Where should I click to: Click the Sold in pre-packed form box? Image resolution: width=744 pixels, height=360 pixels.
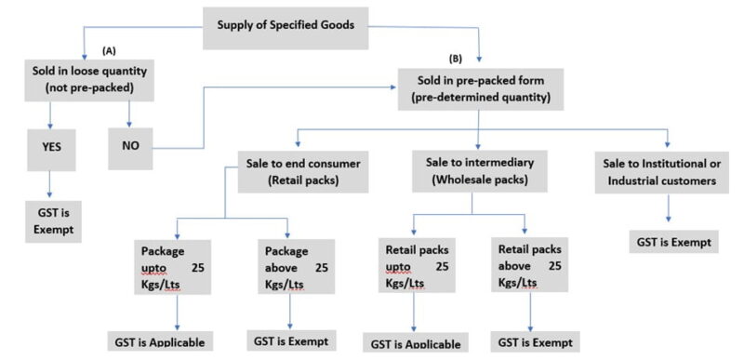pos(478,89)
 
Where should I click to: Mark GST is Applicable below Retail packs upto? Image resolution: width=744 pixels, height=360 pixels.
pos(415,342)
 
